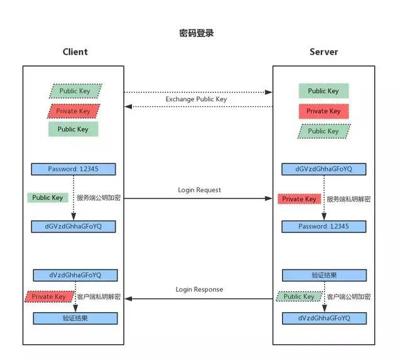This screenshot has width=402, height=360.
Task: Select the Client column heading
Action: click(75, 52)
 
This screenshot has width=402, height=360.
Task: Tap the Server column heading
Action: click(323, 52)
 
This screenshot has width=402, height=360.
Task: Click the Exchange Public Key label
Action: click(196, 99)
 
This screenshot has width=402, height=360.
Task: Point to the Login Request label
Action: click(199, 190)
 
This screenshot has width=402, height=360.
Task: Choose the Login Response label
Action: click(198, 290)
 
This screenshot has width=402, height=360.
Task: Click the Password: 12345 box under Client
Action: click(73, 169)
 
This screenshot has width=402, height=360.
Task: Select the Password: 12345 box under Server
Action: click(323, 226)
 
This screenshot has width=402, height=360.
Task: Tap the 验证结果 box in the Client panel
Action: click(75, 319)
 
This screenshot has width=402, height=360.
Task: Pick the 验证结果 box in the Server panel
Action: click(323, 275)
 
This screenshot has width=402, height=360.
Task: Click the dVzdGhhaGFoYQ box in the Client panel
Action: click(75, 275)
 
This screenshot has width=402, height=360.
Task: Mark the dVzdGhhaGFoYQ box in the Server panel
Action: click(323, 319)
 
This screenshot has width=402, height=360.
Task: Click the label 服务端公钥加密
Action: click(99, 198)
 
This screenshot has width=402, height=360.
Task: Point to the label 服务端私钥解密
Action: click(349, 199)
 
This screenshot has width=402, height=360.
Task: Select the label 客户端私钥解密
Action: click(99, 297)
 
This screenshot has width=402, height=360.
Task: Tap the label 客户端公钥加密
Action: click(349, 297)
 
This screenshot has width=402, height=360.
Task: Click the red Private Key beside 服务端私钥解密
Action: click(300, 199)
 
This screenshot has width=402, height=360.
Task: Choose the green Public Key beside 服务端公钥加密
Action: click(48, 198)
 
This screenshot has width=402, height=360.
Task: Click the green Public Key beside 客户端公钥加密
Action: click(298, 297)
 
